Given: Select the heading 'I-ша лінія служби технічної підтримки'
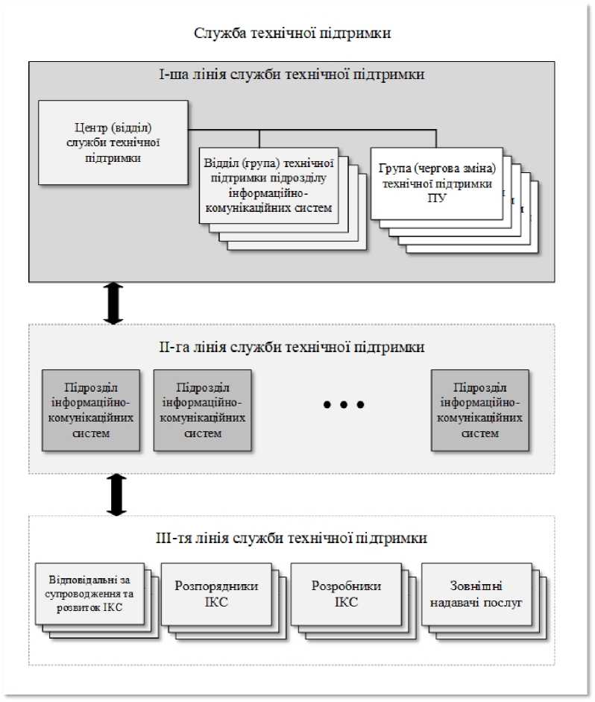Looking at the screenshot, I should click(292, 75).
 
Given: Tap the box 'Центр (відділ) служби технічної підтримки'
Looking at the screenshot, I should click(113, 142).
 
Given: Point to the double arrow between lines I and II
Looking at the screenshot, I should click(113, 303).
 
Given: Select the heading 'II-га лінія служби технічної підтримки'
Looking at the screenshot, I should click(292, 347).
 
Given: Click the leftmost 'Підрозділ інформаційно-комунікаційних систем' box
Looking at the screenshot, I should click(91, 410).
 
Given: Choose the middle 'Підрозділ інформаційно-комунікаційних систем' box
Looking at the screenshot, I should click(201, 410).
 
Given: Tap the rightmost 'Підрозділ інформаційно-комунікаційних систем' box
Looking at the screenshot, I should click(479, 410).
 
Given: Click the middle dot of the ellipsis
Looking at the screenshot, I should click(344, 405).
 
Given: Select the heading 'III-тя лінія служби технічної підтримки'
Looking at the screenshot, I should click(292, 538).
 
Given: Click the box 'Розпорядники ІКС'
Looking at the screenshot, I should click(216, 593).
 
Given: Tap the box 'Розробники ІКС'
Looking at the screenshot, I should click(346, 593).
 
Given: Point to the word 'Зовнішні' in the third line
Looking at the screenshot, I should click(476, 586).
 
